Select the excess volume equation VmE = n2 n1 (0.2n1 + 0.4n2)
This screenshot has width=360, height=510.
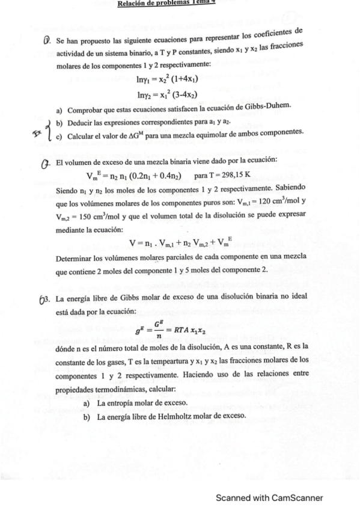(138, 175)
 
